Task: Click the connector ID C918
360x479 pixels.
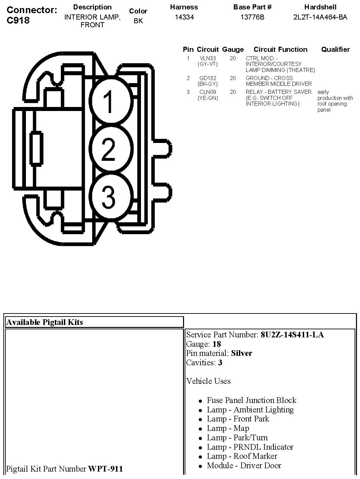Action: [18, 20]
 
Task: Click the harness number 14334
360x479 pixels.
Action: [184, 17]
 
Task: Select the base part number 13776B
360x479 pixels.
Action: [252, 17]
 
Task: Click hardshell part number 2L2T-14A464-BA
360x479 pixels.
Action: [320, 17]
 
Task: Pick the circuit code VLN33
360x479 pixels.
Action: [208, 58]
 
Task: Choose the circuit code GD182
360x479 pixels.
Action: [208, 78]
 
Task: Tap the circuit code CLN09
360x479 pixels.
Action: [208, 92]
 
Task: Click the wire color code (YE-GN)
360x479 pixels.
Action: [208, 98]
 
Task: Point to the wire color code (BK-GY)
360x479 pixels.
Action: [208, 84]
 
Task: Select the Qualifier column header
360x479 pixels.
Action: [335, 49]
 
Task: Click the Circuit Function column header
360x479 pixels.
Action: [280, 49]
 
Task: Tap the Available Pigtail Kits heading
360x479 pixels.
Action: [44, 322]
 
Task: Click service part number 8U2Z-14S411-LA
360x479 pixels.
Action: [292, 335]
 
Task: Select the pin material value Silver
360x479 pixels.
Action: [242, 353]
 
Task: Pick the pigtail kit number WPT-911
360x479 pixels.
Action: [105, 469]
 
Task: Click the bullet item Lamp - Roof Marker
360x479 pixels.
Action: [242, 456]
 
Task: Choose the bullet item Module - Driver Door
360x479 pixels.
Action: [244, 466]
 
